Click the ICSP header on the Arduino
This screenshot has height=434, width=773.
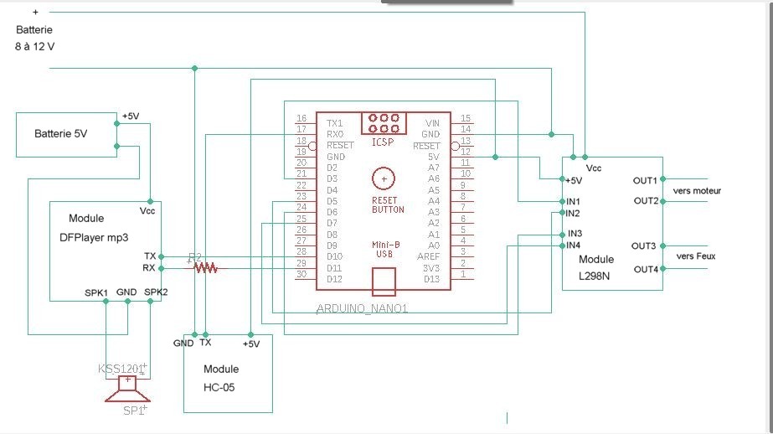click(384, 123)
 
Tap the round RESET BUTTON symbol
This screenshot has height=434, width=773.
click(384, 178)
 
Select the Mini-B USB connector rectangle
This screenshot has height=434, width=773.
click(384, 282)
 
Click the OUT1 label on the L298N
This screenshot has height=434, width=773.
click(645, 180)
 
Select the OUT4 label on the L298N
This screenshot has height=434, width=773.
click(645, 269)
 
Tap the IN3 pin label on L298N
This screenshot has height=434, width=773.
click(575, 233)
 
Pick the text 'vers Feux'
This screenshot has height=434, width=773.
click(695, 256)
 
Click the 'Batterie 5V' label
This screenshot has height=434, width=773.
click(60, 134)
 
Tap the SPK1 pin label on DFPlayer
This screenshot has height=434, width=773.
click(97, 292)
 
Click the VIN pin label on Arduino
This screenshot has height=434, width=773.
click(432, 123)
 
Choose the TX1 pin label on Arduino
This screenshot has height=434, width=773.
click(334, 123)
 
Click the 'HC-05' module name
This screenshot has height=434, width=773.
click(221, 388)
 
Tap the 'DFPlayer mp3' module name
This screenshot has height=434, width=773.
click(94, 237)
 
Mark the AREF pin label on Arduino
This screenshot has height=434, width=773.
click(429, 256)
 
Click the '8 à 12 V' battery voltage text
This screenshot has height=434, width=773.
click(35, 46)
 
